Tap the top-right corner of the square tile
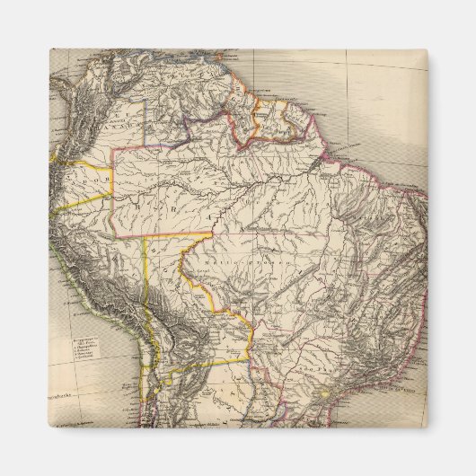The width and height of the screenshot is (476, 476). coord(428,49)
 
